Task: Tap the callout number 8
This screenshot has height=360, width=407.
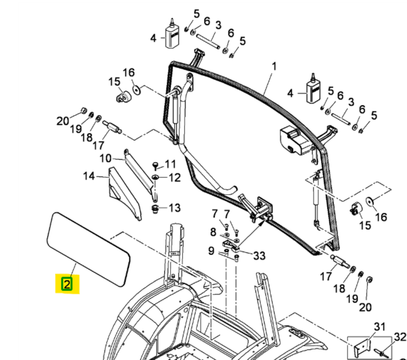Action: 213,232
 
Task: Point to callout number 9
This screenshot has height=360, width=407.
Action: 211,251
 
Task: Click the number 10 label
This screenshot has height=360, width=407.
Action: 105,158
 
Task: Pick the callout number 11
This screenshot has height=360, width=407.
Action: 170,164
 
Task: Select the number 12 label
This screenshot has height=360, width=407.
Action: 175,178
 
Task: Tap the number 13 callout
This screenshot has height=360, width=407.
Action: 174,208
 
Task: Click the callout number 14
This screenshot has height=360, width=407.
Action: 89,176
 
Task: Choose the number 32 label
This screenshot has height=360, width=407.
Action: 400,337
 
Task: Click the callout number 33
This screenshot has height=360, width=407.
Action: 259,256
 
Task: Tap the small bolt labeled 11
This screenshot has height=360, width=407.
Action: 156,165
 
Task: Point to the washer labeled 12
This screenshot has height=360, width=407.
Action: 156,177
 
